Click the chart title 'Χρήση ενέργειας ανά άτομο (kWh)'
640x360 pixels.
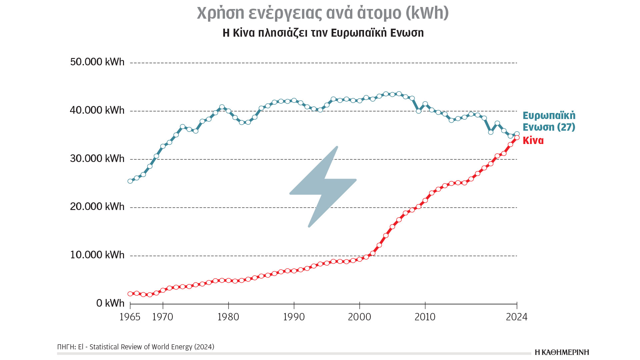[x=323, y=13]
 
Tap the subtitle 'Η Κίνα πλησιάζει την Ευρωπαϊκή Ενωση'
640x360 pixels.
[x=323, y=33]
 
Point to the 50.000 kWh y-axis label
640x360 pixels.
[x=97, y=62]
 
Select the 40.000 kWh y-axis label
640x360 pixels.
[x=97, y=110]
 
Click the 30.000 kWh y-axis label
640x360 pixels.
[x=97, y=159]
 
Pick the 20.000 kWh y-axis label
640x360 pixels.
[x=97, y=207]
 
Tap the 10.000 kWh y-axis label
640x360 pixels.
[x=97, y=255]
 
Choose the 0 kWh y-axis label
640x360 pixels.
[x=110, y=303]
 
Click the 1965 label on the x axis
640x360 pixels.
[x=130, y=317]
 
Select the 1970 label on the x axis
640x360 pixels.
[x=163, y=317]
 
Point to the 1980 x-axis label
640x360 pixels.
[x=228, y=317]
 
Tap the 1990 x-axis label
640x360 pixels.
[x=294, y=317]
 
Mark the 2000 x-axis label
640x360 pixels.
[x=359, y=317]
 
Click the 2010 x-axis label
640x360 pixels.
[x=425, y=317]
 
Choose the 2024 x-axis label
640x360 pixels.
[x=517, y=317]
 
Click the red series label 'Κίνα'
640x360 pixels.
[x=533, y=141]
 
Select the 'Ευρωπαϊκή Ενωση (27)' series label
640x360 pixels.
[x=549, y=121]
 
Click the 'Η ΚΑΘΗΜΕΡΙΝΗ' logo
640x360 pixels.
[x=562, y=352]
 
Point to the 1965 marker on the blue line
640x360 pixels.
[x=130, y=181]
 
